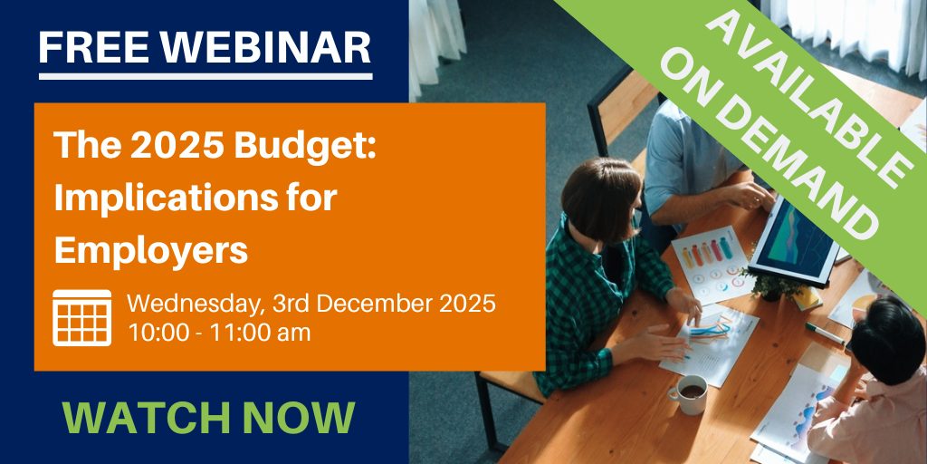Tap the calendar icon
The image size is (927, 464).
coord(81,318)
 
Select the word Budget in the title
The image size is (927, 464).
coord(305,147)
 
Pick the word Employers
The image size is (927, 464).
coord(151,251)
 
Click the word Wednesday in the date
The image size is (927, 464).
coord(196,305)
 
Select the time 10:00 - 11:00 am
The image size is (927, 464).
coord(219,333)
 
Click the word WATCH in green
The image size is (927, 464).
coord(148,418)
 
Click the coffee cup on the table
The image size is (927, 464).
coord(690,393)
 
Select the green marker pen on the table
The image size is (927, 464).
coord(825,333)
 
